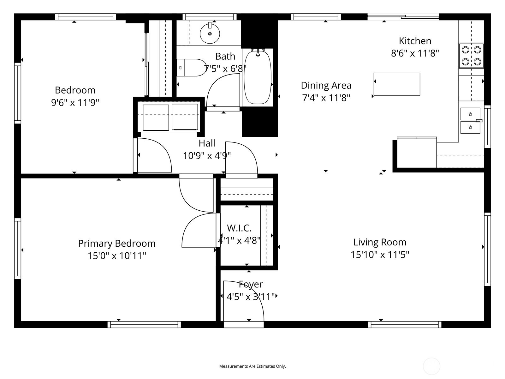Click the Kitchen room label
point(415,41)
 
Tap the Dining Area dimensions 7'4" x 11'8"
point(326,98)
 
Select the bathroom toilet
point(191,68)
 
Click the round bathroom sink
point(210,33)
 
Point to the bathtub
point(258,78)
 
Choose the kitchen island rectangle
point(397,84)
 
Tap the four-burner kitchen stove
point(472,56)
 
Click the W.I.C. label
point(239,228)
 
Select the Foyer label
point(251,284)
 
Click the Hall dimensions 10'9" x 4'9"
point(207,156)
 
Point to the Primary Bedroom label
point(117,244)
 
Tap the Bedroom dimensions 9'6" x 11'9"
point(75,102)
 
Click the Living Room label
point(380,242)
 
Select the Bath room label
point(225,57)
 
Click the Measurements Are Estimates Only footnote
point(252,366)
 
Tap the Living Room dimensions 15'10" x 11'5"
point(380,255)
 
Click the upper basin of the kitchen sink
point(470,114)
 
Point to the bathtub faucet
point(258,53)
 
